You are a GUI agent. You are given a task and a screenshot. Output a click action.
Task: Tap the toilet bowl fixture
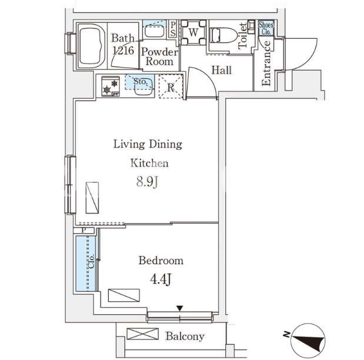[x=223, y=35]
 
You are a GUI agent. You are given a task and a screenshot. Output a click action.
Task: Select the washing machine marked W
[x=193, y=32]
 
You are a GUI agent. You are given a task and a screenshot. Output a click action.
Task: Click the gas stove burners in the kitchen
[x=111, y=86]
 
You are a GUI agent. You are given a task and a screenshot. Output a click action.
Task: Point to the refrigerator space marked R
[x=171, y=87]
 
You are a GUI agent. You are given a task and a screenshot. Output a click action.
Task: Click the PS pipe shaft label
[x=173, y=29]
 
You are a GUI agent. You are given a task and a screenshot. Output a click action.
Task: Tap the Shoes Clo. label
[x=266, y=28]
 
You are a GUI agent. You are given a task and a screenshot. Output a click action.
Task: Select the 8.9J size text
[x=147, y=182]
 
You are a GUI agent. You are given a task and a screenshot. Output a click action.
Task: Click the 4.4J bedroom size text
[x=161, y=279]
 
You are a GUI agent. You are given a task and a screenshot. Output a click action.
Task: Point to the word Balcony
[x=185, y=336]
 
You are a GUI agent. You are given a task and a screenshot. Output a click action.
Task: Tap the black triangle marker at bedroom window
[x=180, y=308]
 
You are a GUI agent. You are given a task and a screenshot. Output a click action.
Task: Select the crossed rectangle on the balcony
[x=143, y=334]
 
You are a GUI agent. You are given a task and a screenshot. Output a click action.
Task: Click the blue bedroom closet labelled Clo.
[x=86, y=264]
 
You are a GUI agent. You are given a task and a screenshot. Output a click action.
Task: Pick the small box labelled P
[x=84, y=231]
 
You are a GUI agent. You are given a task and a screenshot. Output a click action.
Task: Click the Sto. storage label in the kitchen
[x=140, y=81]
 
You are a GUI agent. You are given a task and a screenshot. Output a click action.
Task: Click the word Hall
[x=222, y=70]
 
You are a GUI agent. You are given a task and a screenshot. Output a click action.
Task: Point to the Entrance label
[x=266, y=63]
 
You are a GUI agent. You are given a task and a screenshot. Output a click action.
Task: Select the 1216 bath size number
[x=123, y=50]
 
